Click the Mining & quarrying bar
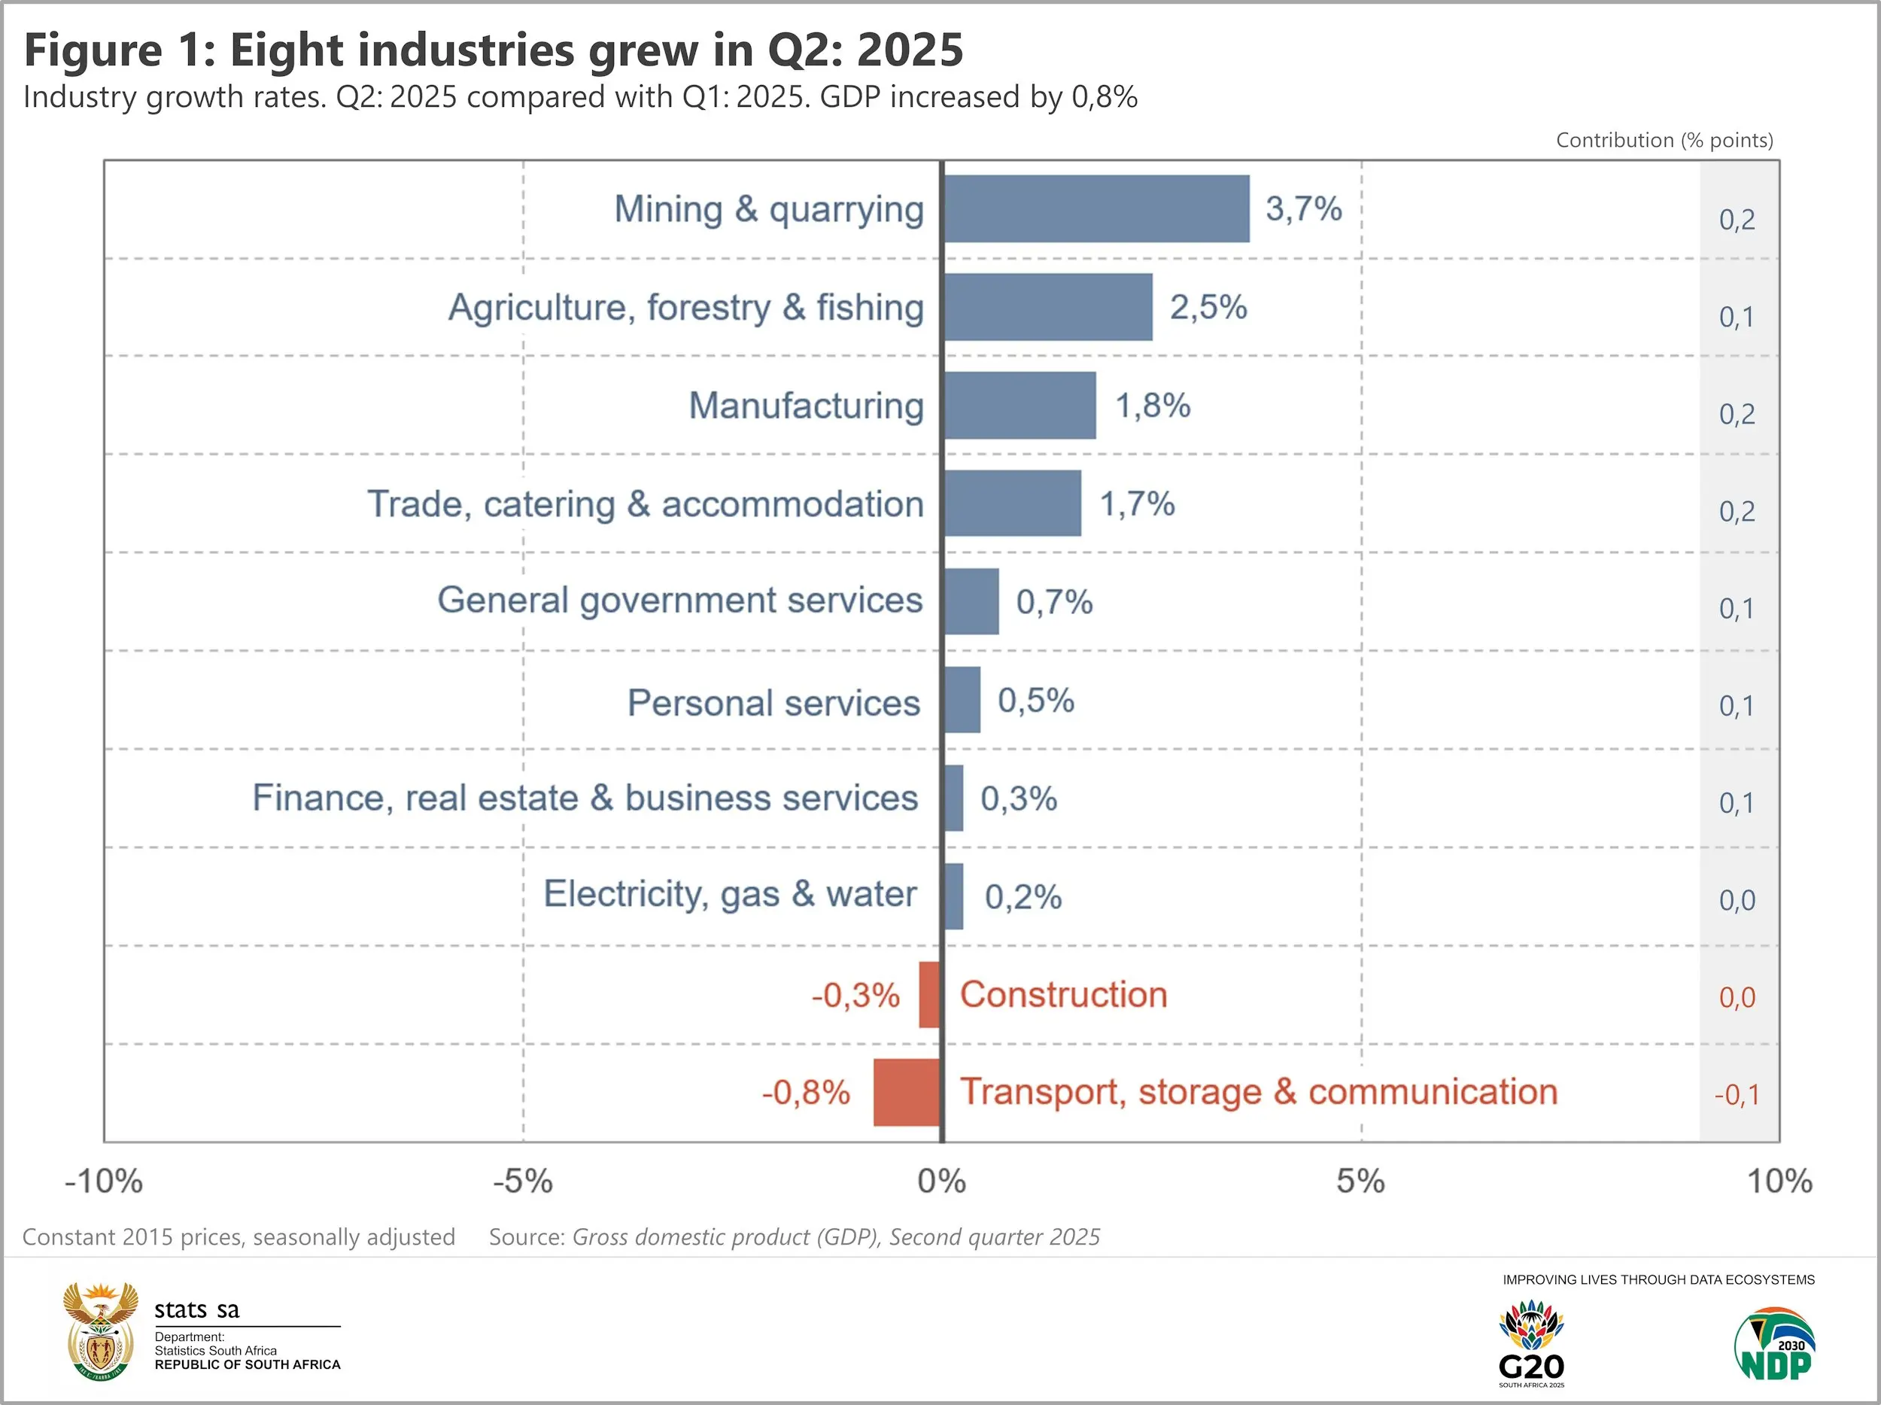point(1096,208)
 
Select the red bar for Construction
point(929,994)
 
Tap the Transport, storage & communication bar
point(907,1092)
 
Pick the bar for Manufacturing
point(1020,405)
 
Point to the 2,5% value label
point(1208,307)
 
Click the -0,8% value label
point(805,1092)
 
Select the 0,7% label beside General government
point(1053,602)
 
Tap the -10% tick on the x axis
point(104,1181)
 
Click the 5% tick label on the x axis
point(1360,1181)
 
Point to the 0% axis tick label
point(941,1181)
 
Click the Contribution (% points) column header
point(1664,140)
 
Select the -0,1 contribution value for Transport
point(1736,1094)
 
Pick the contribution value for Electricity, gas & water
point(1737,900)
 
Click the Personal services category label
point(773,703)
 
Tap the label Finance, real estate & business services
point(585,798)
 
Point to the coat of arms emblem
point(100,1330)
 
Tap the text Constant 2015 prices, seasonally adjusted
point(239,1236)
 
